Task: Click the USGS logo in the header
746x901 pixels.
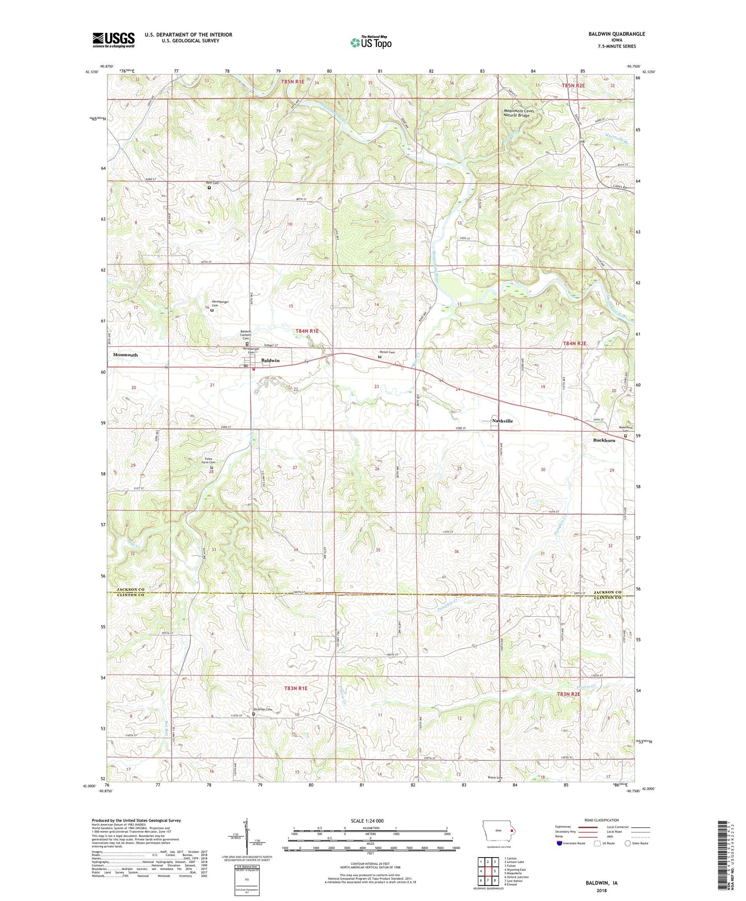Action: click(x=114, y=39)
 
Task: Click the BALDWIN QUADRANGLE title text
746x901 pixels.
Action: click(x=616, y=34)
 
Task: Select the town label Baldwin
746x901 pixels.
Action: click(x=270, y=360)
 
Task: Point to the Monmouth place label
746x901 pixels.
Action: click(x=125, y=355)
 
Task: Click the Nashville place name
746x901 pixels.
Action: click(x=502, y=421)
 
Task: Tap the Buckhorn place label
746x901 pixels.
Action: click(x=604, y=440)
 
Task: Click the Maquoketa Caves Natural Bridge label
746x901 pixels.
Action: click(x=519, y=113)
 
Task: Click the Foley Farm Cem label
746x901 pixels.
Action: click(x=209, y=460)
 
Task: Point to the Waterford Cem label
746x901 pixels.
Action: click(x=625, y=429)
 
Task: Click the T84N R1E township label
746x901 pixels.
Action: click(x=307, y=331)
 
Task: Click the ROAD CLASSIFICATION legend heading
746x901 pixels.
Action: click(x=602, y=820)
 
